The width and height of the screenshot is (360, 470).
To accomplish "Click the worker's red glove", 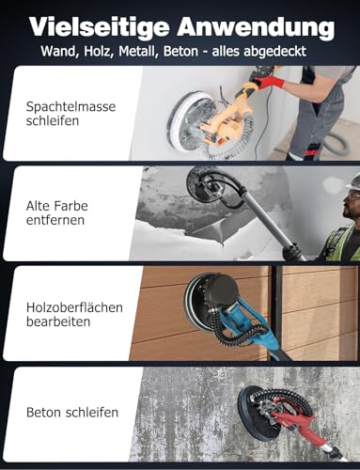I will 274,83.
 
